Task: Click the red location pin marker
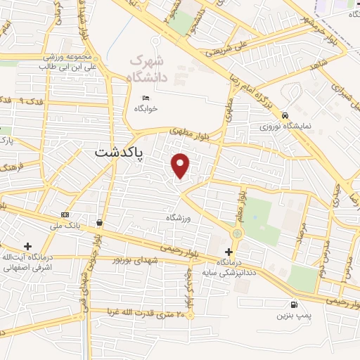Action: point(181,166)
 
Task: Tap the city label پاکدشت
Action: point(118,153)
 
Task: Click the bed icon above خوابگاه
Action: point(146,98)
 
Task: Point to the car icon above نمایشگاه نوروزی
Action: point(285,115)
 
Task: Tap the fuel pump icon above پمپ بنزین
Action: point(293,304)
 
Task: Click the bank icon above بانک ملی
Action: point(65,214)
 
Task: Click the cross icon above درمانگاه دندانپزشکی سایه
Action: point(228,252)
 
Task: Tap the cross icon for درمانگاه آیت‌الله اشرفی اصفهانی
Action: point(27,246)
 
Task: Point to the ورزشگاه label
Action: point(179,218)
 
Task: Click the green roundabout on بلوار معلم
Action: point(238,233)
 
